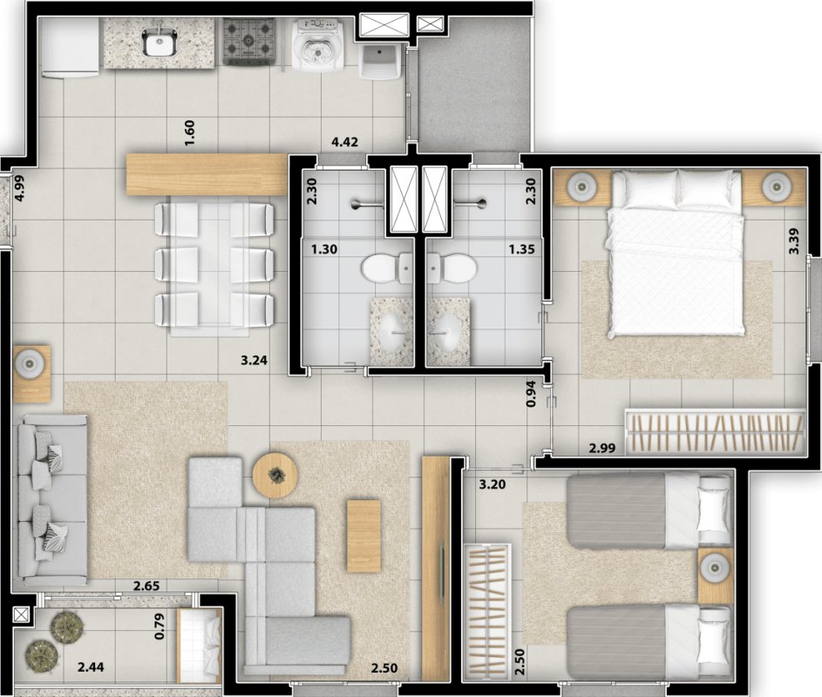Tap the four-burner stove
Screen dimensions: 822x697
249,42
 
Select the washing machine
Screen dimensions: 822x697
317,44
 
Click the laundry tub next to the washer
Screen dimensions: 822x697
381,62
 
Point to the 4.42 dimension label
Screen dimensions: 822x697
344,142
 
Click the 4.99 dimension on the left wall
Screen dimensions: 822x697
19,188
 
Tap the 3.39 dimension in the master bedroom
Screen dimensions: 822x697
794,241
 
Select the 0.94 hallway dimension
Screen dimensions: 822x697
531,395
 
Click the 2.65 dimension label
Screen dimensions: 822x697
146,585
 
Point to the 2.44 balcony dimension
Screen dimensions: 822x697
91,667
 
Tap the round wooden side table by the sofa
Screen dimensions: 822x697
275,476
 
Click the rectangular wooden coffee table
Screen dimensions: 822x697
363,536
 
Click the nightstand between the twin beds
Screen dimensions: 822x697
715,576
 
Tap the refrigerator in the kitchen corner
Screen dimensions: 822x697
70,48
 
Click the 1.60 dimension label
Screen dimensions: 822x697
189,133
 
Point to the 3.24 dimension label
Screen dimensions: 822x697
255,360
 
